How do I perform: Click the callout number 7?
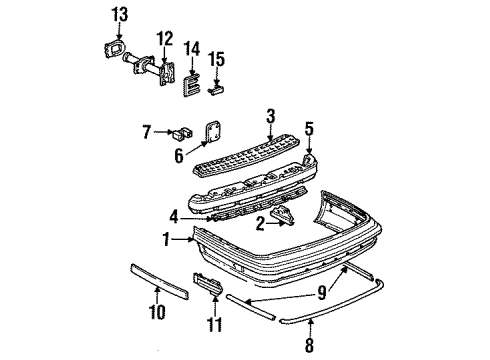[x=147, y=130]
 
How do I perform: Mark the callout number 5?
[x=309, y=127]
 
